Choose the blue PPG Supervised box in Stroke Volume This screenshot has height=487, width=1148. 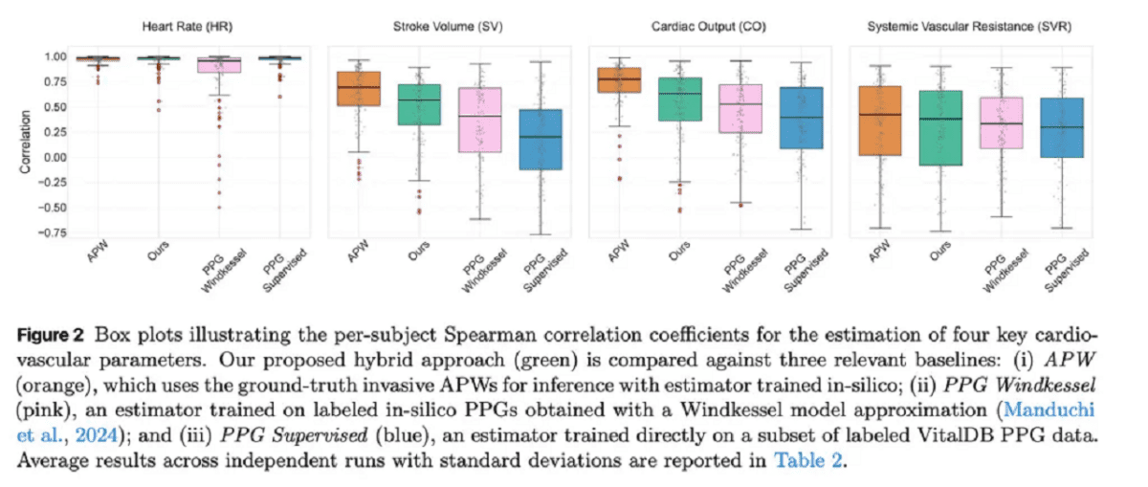[x=541, y=140]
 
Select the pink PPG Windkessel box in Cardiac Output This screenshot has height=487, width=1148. [x=740, y=108]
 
